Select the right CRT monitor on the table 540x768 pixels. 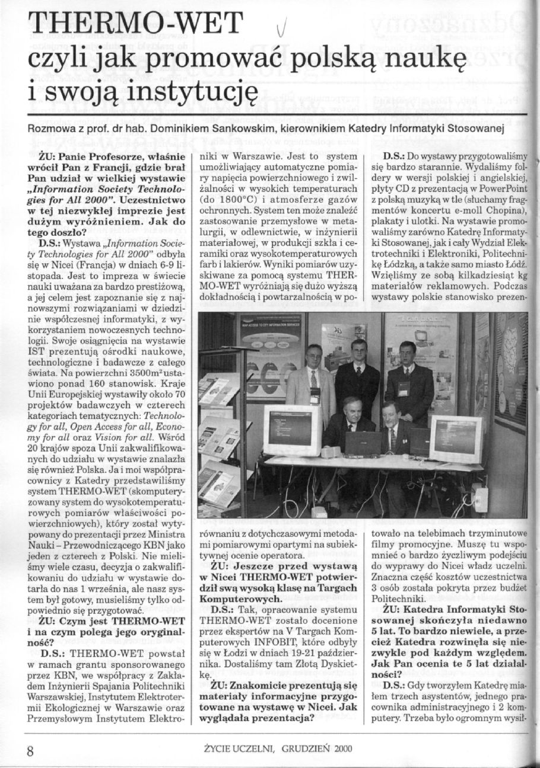456,438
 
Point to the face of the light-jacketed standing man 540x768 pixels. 313,357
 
